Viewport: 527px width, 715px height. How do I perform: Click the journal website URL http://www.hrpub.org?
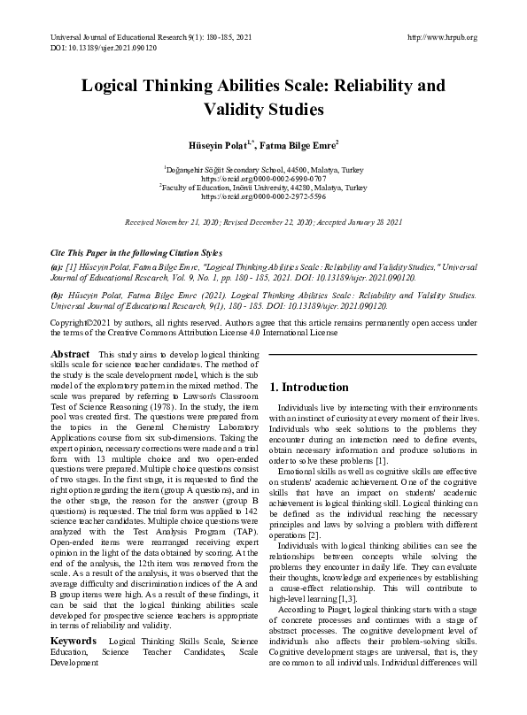point(440,37)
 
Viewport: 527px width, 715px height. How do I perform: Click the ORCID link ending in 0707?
point(263,177)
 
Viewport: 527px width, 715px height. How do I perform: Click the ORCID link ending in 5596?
point(263,196)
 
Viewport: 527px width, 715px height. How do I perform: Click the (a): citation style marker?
point(57,265)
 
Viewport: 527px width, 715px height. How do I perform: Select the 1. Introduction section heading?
point(296,387)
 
